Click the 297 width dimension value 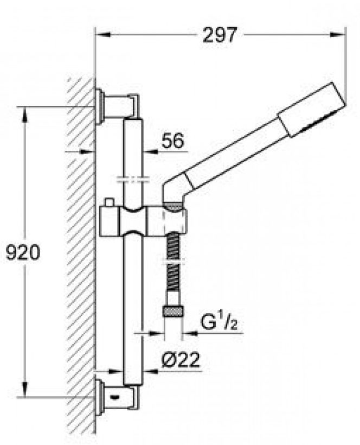220,35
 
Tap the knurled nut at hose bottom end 173,312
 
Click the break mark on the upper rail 133,179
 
